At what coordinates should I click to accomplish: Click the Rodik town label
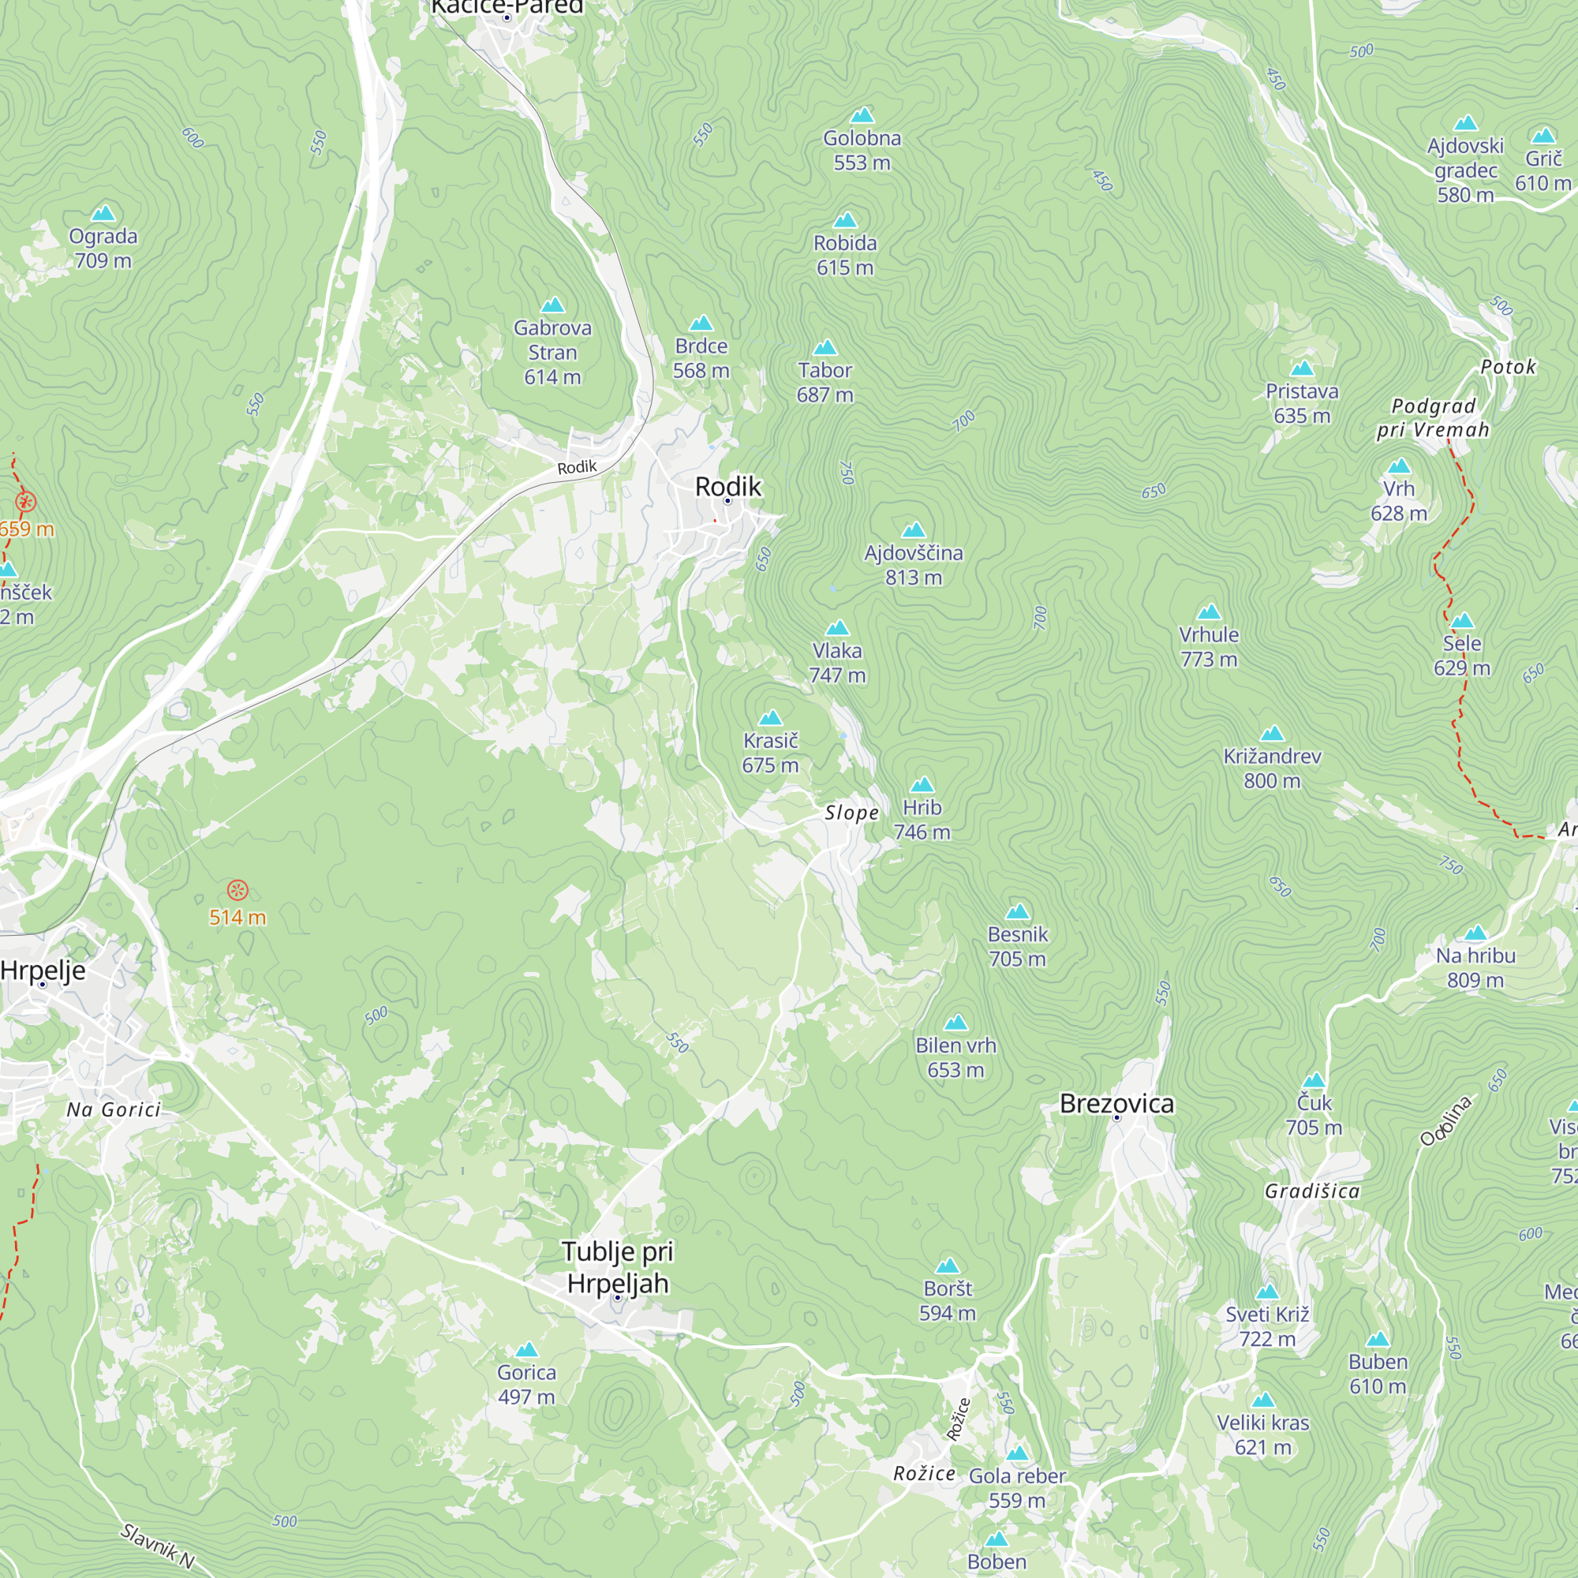tap(727, 487)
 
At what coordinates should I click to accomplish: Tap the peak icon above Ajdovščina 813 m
tap(913, 531)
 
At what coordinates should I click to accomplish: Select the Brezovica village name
tap(1116, 1104)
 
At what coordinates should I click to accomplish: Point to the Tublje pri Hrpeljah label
tap(618, 1267)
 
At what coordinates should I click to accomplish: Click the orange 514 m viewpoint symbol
tap(237, 889)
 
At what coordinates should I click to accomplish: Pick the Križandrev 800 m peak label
tap(1272, 768)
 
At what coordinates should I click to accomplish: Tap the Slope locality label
tap(851, 813)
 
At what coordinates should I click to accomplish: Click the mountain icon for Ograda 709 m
tap(103, 214)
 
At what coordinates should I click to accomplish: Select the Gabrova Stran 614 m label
tap(552, 352)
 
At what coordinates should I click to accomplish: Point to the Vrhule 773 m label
tap(1209, 646)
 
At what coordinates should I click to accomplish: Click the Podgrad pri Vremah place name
tap(1434, 418)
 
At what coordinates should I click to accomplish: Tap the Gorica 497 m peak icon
tap(527, 1350)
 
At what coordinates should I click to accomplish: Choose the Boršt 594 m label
tap(948, 1300)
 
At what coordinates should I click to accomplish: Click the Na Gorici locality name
tap(114, 1110)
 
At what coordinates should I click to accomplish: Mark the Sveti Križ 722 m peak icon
tap(1267, 1292)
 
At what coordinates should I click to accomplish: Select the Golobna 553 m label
tap(862, 150)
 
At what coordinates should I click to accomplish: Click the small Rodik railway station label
tap(577, 467)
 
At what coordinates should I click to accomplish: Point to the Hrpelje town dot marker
tap(43, 984)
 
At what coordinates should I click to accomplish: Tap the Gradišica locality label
tap(1312, 1191)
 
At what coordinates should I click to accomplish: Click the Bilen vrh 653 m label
tap(955, 1057)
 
